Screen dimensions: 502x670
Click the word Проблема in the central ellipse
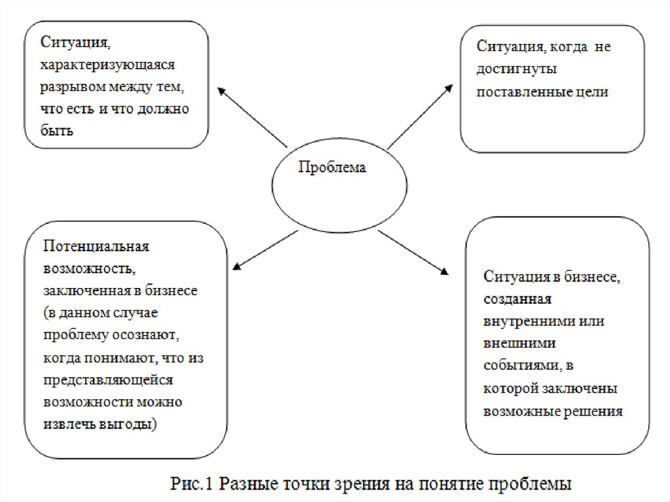pyautogui.click(x=332, y=168)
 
